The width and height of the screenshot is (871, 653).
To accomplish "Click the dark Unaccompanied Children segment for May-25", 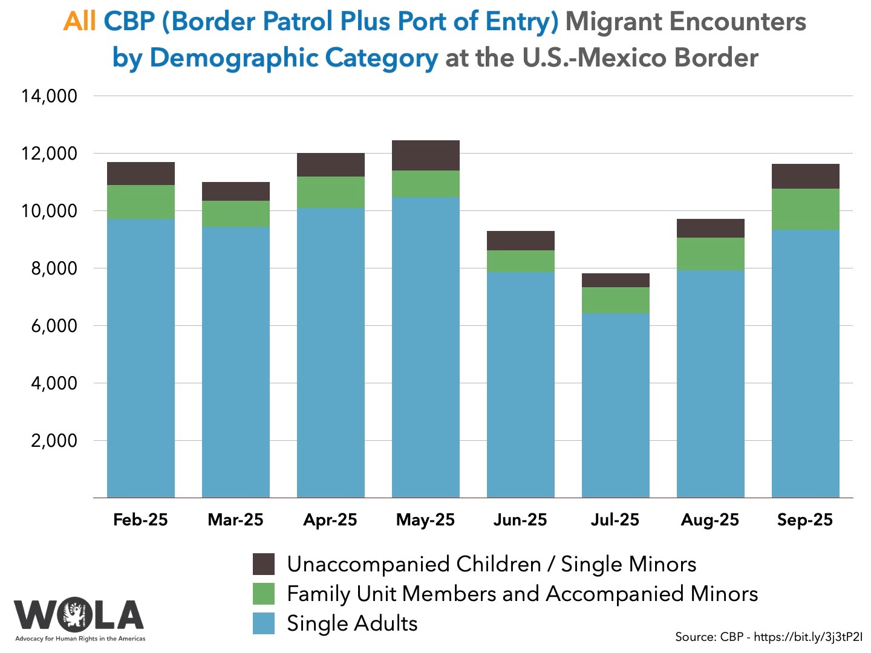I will (x=425, y=155).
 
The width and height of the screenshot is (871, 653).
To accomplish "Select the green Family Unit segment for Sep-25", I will (x=805, y=209).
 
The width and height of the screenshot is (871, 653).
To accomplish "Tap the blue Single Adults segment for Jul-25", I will (x=615, y=405).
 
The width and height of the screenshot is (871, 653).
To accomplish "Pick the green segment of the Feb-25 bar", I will (x=140, y=202).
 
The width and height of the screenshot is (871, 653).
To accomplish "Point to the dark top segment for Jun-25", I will (x=520, y=241).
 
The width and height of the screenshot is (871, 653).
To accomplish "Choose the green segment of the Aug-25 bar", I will (x=710, y=254).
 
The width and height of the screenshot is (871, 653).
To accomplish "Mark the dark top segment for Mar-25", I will (x=235, y=191).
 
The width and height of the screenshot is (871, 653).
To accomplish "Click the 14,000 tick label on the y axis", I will (x=50, y=96).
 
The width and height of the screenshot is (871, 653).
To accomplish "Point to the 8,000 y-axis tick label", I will (x=54, y=268).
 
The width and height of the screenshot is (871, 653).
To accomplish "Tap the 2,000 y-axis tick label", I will (x=54, y=440).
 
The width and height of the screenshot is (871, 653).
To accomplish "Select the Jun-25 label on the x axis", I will (x=520, y=520).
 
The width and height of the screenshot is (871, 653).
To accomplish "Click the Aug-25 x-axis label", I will (x=710, y=520).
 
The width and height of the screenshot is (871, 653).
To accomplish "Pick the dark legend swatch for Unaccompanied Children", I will (x=264, y=564).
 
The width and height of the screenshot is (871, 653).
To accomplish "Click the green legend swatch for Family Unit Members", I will (x=264, y=594).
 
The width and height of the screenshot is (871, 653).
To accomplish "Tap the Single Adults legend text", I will (x=352, y=623).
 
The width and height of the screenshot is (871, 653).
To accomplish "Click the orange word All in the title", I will (x=79, y=22).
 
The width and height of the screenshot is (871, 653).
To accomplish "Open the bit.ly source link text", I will (x=808, y=637).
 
